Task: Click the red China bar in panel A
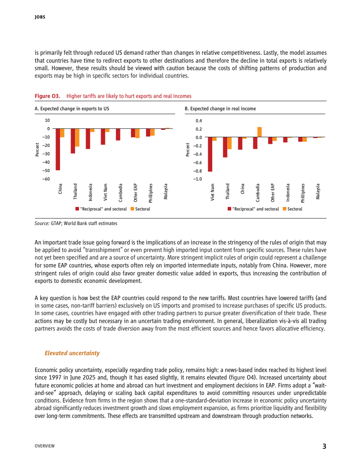click(x=58, y=149)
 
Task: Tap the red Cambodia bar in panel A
click(x=118, y=134)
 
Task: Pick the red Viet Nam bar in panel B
click(x=210, y=154)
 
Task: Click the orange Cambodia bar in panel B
click(x=259, y=132)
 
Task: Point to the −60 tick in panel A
click(x=46, y=179)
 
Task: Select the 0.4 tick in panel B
click(x=199, y=120)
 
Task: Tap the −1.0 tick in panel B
click(x=198, y=179)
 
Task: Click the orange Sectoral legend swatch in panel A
click(x=132, y=209)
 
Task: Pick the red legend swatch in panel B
click(x=229, y=209)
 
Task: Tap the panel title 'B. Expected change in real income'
click(x=220, y=108)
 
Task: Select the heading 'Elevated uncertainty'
click(x=72, y=353)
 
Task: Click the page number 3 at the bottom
click(x=324, y=446)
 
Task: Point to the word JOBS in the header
click(x=40, y=18)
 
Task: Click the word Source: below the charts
click(x=42, y=223)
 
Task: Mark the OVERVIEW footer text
click(x=45, y=446)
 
